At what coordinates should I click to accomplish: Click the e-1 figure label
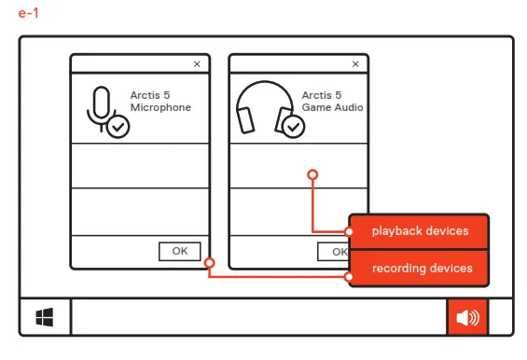click(x=27, y=14)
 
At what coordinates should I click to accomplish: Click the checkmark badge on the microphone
click(x=118, y=127)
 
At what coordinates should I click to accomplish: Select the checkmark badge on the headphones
click(x=293, y=126)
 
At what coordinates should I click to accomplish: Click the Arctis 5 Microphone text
click(x=159, y=102)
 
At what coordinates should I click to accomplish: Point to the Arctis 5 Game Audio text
click(x=332, y=102)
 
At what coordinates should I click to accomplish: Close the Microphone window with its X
click(x=197, y=64)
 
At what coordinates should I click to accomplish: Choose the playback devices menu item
click(x=420, y=230)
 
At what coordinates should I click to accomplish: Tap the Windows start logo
click(x=45, y=318)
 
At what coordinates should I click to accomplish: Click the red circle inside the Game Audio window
click(x=313, y=174)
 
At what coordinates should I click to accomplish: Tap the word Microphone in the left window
click(x=159, y=107)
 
